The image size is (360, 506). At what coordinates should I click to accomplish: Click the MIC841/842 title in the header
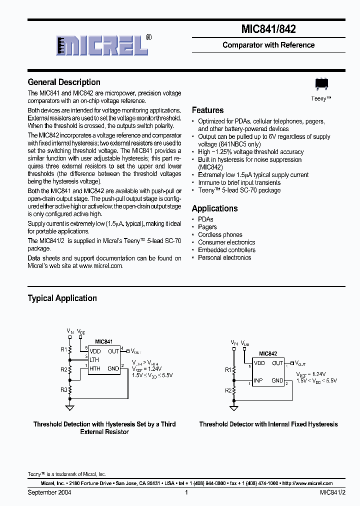pos(268,29)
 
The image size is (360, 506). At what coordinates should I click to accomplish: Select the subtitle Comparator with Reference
pos(268,45)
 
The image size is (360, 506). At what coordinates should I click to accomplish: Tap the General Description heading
pos(64,82)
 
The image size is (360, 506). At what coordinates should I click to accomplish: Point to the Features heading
pos(207,110)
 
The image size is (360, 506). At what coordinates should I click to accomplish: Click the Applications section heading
pos(214,208)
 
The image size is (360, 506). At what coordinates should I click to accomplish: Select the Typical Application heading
pos(62,298)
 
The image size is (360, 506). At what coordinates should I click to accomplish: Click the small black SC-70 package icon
pos(321,84)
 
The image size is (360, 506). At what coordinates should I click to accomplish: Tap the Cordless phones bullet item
pos(220,234)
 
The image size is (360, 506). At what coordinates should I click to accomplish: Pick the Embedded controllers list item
pos(226,250)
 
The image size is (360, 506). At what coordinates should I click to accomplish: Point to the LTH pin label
pos(94,359)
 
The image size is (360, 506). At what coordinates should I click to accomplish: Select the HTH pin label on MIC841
pos(94,368)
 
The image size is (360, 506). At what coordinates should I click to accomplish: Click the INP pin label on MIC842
pos(258,380)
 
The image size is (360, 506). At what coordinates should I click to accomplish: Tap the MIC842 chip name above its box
pos(268,353)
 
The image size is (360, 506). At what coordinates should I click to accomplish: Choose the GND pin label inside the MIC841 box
pos(113,368)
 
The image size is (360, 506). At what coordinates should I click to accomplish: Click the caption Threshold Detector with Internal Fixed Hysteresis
pos(268,424)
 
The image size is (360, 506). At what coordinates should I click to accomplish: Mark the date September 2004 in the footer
pos(49,492)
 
